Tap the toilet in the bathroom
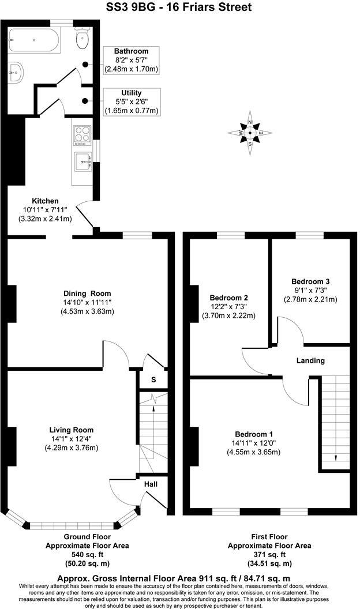pos(81,39)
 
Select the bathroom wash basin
pos(16,71)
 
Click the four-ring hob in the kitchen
pos(82,134)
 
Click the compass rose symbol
pos(250,133)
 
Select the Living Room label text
pos(71,430)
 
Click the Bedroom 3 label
pos(310,281)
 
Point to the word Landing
pos(310,360)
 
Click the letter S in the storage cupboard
pos(153,379)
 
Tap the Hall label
pos(151,484)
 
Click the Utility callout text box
pos(131,101)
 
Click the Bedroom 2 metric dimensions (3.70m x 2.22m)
pos(229,315)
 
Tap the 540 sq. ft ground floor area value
pos(87,554)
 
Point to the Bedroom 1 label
pos(254,434)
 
